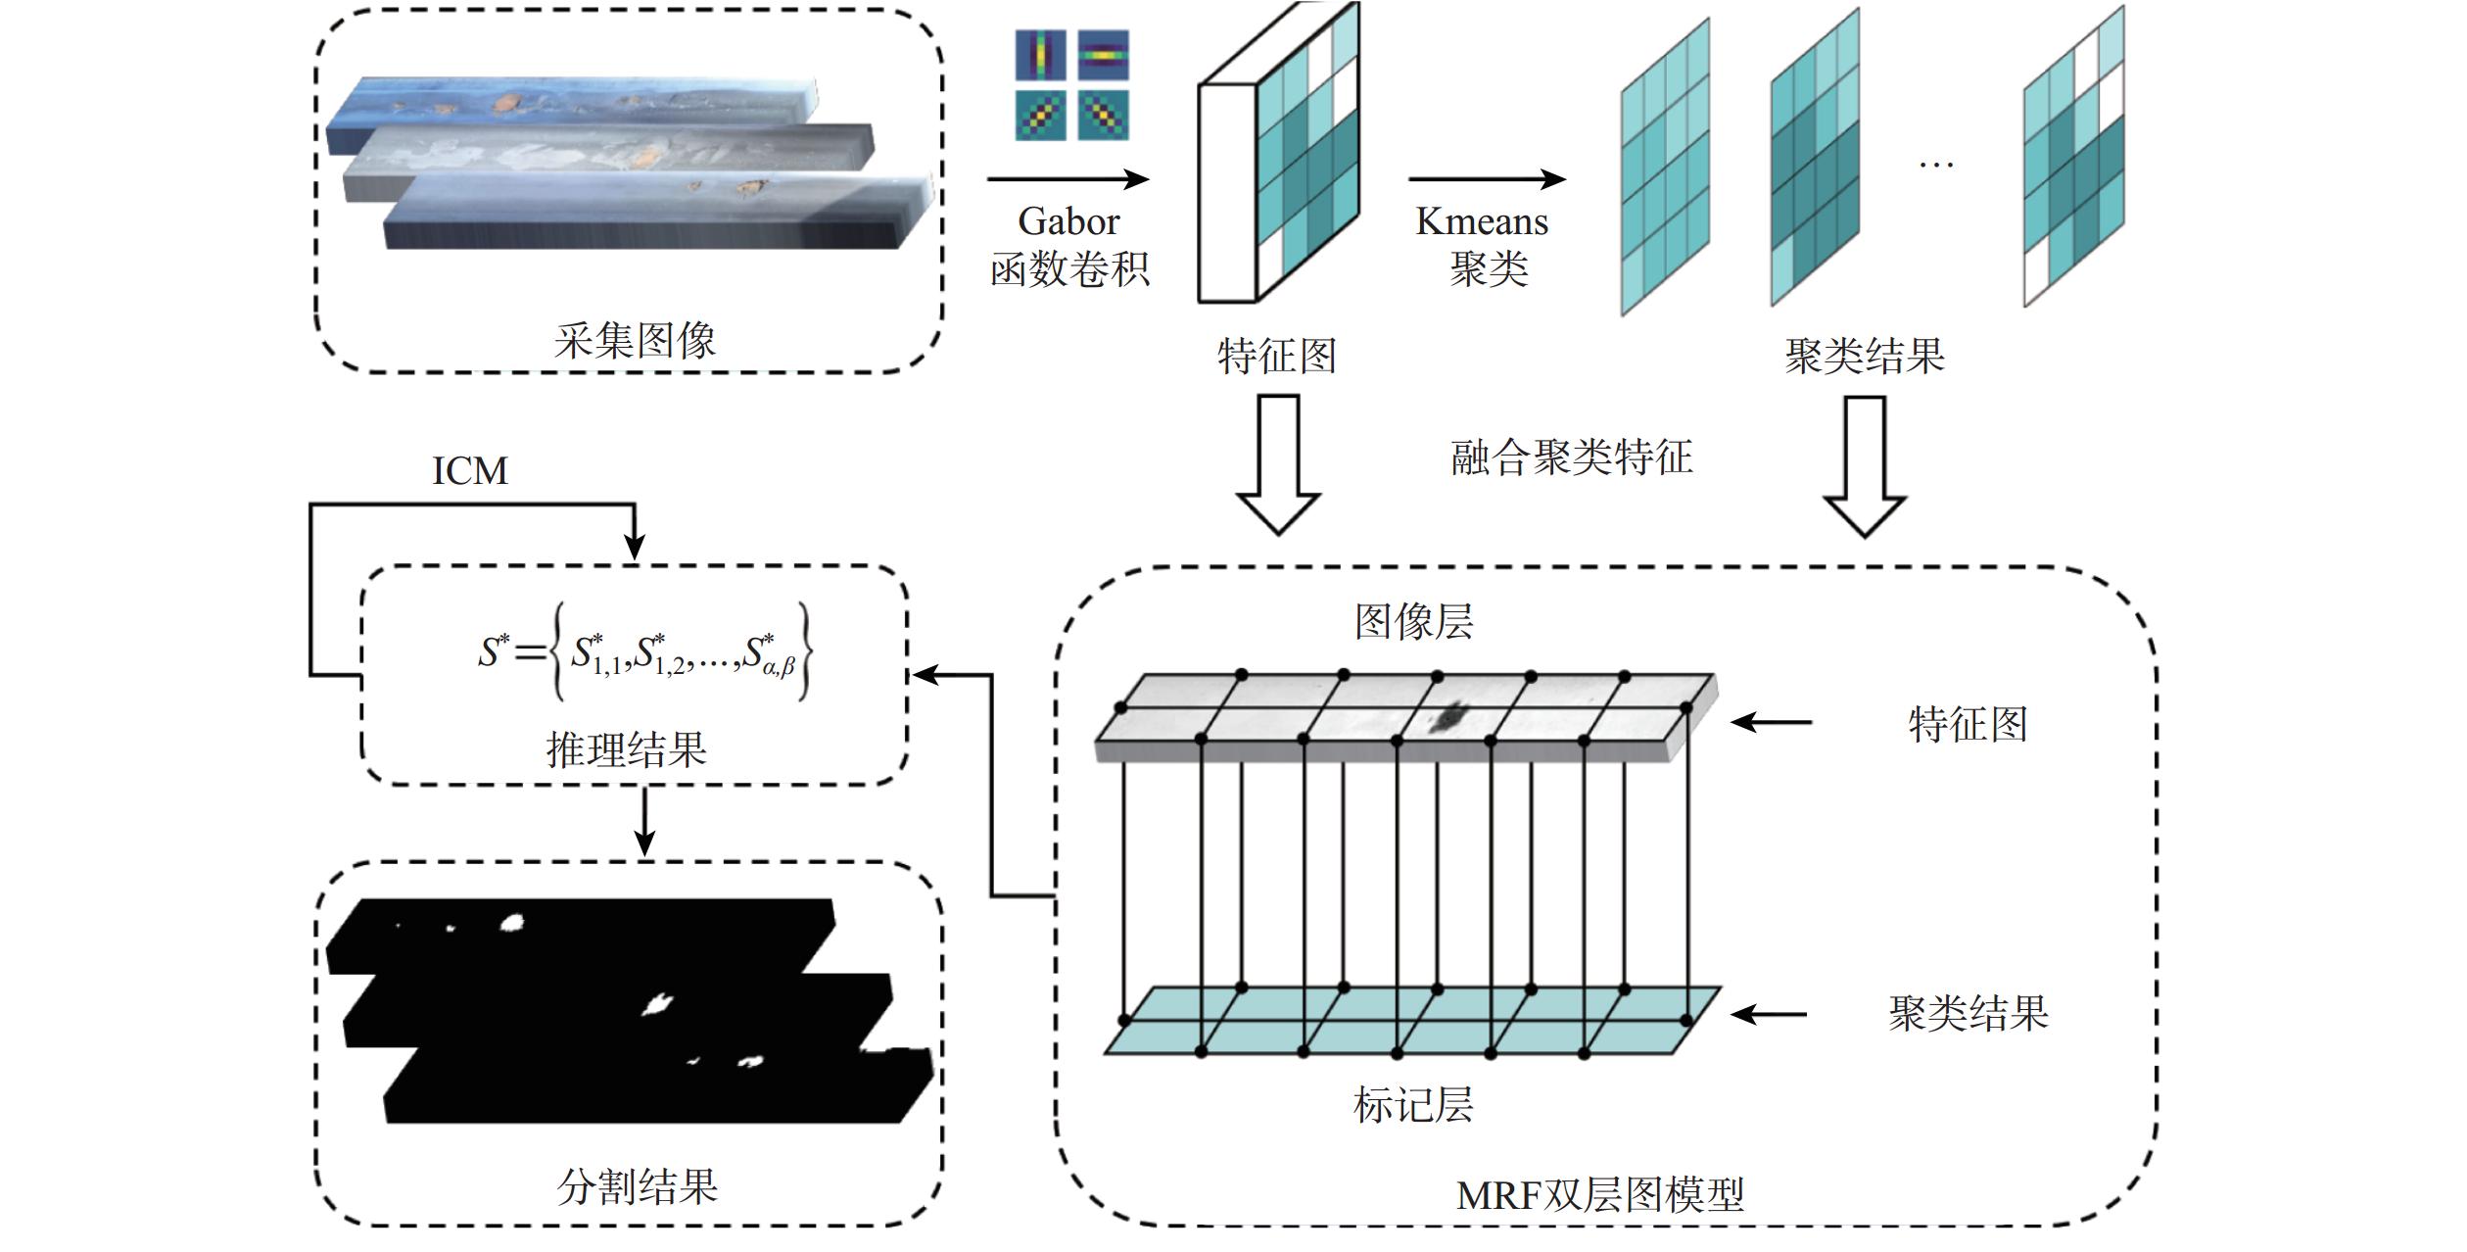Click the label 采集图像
coord(635,340)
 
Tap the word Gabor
coord(1068,221)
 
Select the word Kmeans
coord(1482,221)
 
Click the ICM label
coord(470,471)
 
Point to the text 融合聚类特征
coord(1571,457)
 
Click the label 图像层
coord(1413,621)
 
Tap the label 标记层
coord(1412,1104)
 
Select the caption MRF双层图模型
coord(1599,1195)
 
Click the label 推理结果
coord(627,749)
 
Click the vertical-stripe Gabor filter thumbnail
coord(1040,55)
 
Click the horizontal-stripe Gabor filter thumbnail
coord(1104,55)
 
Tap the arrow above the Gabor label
coord(1067,179)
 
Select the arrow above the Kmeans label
coord(1487,179)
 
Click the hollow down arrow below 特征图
coord(1278,464)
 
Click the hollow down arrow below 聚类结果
coord(1864,466)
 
